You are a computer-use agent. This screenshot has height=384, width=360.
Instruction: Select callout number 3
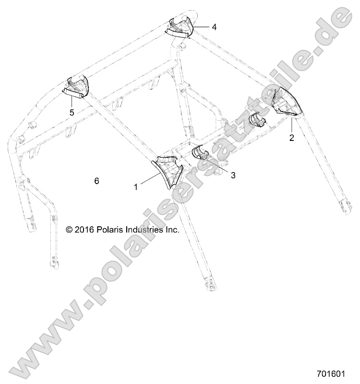point(233,175)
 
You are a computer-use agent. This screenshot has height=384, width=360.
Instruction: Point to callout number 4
point(214,27)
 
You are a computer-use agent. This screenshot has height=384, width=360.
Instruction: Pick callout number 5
point(72,113)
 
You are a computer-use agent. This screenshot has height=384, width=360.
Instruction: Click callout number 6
point(96,181)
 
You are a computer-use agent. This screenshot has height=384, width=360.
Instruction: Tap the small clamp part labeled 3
point(199,154)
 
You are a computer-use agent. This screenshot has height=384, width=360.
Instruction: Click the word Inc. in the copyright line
point(172,230)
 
